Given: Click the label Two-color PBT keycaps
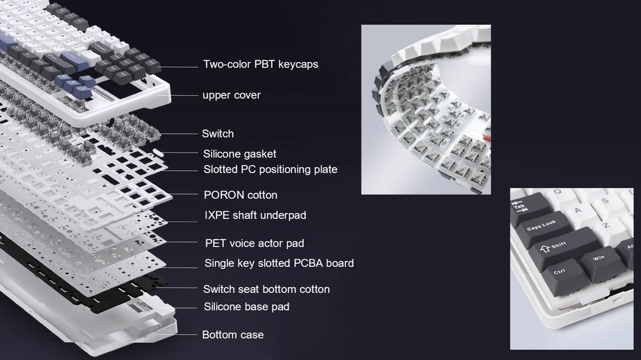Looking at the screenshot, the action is [261, 64].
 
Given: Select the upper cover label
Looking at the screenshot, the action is [231, 95].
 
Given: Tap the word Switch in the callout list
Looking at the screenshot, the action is [218, 133].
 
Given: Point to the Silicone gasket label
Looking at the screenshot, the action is [240, 154].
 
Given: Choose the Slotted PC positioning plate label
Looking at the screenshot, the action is [270, 169].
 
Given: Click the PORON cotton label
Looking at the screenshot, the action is [240, 195].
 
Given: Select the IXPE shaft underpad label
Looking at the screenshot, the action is [255, 215].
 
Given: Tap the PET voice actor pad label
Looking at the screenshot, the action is [254, 244].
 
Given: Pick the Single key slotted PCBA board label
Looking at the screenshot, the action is [279, 263].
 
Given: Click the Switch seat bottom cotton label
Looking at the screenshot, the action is [266, 289].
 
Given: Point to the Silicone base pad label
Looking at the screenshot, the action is [246, 307].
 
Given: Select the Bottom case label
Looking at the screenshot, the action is [233, 334].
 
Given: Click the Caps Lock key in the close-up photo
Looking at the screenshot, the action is [542, 228].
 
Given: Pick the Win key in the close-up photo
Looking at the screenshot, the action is [601, 262].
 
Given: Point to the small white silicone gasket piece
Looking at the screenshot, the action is [158, 152].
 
